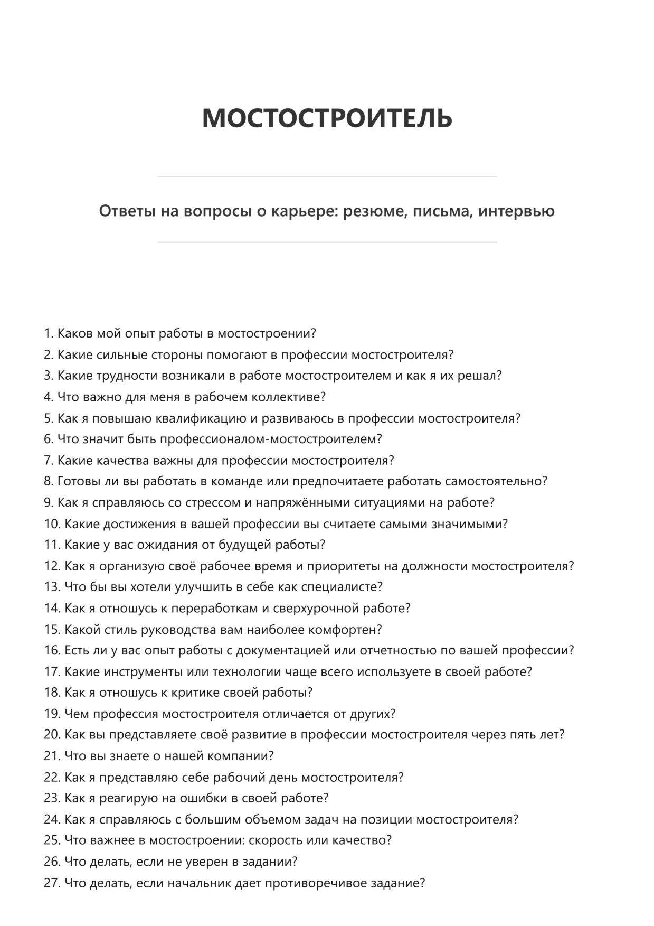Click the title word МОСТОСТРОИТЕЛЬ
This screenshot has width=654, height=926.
point(327,118)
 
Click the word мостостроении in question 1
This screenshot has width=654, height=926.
point(267,334)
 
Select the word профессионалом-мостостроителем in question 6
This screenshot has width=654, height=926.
point(270,439)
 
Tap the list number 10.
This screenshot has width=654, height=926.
point(52,524)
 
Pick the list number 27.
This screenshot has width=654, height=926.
point(52,883)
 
